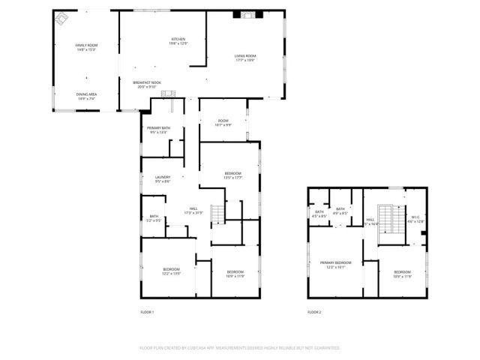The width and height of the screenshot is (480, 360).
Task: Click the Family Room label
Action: pos(86,48)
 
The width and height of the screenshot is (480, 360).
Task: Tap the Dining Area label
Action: pos(86,96)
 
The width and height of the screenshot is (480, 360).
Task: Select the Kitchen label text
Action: pos(178,41)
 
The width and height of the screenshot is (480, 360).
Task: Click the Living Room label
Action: pos(245,58)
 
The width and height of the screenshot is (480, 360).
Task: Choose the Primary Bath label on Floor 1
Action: pos(159,130)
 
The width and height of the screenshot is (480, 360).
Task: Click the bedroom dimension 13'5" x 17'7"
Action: pos(233,178)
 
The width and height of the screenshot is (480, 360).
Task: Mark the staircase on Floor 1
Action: pos(217,214)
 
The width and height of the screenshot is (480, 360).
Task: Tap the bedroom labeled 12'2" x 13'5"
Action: pos(172,271)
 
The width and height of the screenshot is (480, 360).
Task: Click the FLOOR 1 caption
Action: pos(147,311)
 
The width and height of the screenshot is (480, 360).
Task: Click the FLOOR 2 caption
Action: pos(314,311)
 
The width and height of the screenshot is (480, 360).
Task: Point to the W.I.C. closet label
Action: pos(415,220)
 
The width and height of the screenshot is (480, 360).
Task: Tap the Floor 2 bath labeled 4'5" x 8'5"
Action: pos(319,214)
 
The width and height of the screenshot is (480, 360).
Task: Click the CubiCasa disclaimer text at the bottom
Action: pos(240,348)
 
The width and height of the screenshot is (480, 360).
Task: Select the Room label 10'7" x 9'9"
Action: pos(223,122)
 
